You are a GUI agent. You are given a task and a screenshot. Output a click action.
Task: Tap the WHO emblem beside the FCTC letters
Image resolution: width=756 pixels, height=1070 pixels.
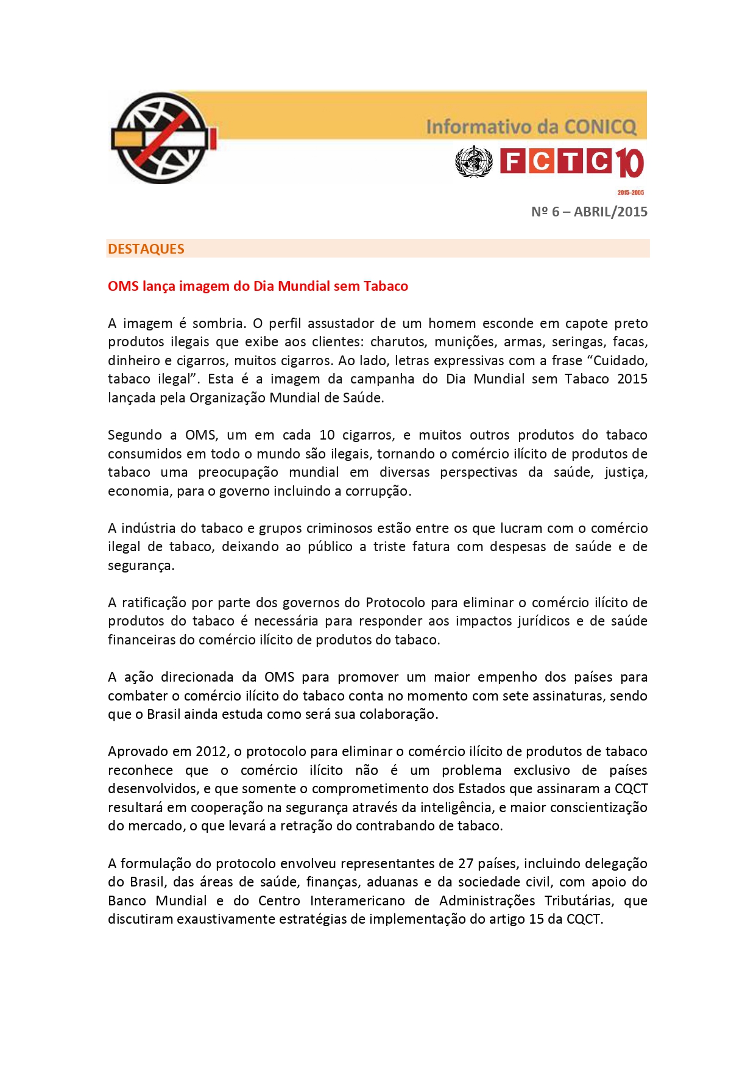pyautogui.click(x=473, y=162)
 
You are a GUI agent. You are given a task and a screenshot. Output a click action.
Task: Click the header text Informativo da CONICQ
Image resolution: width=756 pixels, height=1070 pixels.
pyautogui.click(x=531, y=127)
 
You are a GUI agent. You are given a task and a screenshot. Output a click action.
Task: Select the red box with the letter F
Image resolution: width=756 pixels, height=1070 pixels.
pyautogui.click(x=512, y=162)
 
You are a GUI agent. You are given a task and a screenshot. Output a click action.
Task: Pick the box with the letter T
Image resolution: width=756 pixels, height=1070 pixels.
pyautogui.click(x=570, y=162)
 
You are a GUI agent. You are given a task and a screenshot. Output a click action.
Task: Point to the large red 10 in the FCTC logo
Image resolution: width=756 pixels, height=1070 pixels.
pyautogui.click(x=629, y=163)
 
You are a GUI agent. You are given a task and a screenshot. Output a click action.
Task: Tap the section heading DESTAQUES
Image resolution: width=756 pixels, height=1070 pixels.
pyautogui.click(x=146, y=249)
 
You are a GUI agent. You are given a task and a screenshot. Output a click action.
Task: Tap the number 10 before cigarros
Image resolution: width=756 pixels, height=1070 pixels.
pyautogui.click(x=327, y=435)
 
